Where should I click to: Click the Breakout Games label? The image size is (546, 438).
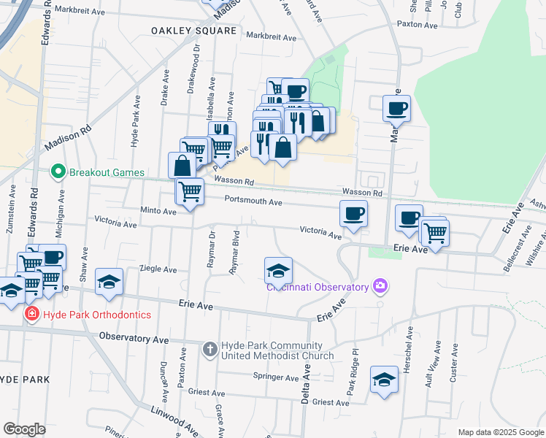click(x=107, y=172)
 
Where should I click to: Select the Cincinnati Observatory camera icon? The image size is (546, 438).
click(x=380, y=286)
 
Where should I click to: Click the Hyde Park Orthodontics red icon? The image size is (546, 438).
click(x=31, y=315)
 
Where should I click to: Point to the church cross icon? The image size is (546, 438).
click(x=209, y=350)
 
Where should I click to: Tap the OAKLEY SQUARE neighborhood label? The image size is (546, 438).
click(x=193, y=31)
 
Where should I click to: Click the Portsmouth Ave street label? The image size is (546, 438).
click(x=253, y=201)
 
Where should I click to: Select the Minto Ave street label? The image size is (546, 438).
click(x=158, y=211)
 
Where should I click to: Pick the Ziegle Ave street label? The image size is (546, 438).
click(x=158, y=269)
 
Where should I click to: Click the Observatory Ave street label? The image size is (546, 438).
click(x=134, y=337)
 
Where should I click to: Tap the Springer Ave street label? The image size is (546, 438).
click(x=276, y=378)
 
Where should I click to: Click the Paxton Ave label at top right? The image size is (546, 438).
click(x=417, y=25)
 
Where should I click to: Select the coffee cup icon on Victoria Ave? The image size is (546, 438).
click(x=353, y=214)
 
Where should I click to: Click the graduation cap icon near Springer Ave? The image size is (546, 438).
click(x=384, y=380)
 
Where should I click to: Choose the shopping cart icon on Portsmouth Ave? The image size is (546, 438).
click(x=191, y=191)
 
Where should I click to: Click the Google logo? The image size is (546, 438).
click(x=24, y=429)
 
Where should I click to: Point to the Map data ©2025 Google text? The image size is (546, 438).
click(x=500, y=432)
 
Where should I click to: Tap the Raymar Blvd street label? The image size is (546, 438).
click(x=235, y=253)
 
